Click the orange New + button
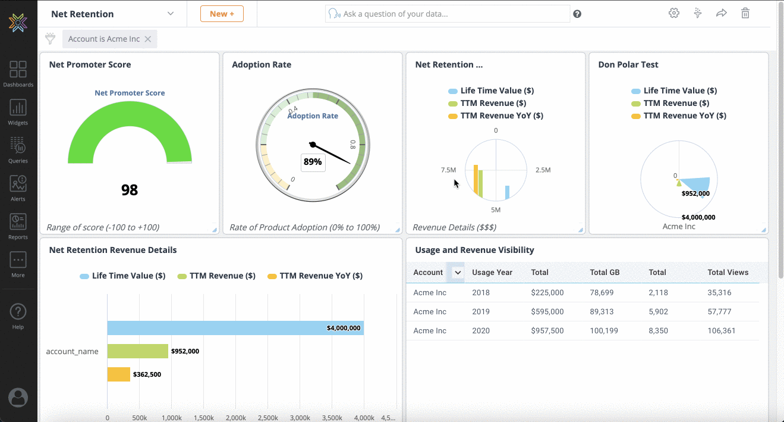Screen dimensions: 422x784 [222, 14]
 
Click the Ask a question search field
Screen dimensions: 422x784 [452, 14]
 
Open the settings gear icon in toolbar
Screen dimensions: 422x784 [673, 13]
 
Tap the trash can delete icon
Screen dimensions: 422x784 [745, 13]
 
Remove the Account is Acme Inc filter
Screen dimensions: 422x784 [148, 39]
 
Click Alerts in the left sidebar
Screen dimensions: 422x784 [18, 188]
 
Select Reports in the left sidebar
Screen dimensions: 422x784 [18, 226]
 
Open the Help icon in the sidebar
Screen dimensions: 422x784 [18, 316]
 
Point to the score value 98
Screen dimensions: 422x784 [130, 190]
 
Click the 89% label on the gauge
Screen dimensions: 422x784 [313, 162]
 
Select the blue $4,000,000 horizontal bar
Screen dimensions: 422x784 [235, 328]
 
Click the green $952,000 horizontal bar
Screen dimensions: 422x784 [138, 351]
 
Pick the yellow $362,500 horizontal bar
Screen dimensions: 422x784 [118, 374]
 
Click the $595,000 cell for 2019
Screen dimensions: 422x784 [547, 311]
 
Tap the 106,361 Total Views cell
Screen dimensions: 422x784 [721, 330]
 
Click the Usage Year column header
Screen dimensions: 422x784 [492, 272]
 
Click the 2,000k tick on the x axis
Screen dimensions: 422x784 [235, 418]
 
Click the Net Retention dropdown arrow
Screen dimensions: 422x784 [171, 14]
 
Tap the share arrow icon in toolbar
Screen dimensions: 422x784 [721, 13]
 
